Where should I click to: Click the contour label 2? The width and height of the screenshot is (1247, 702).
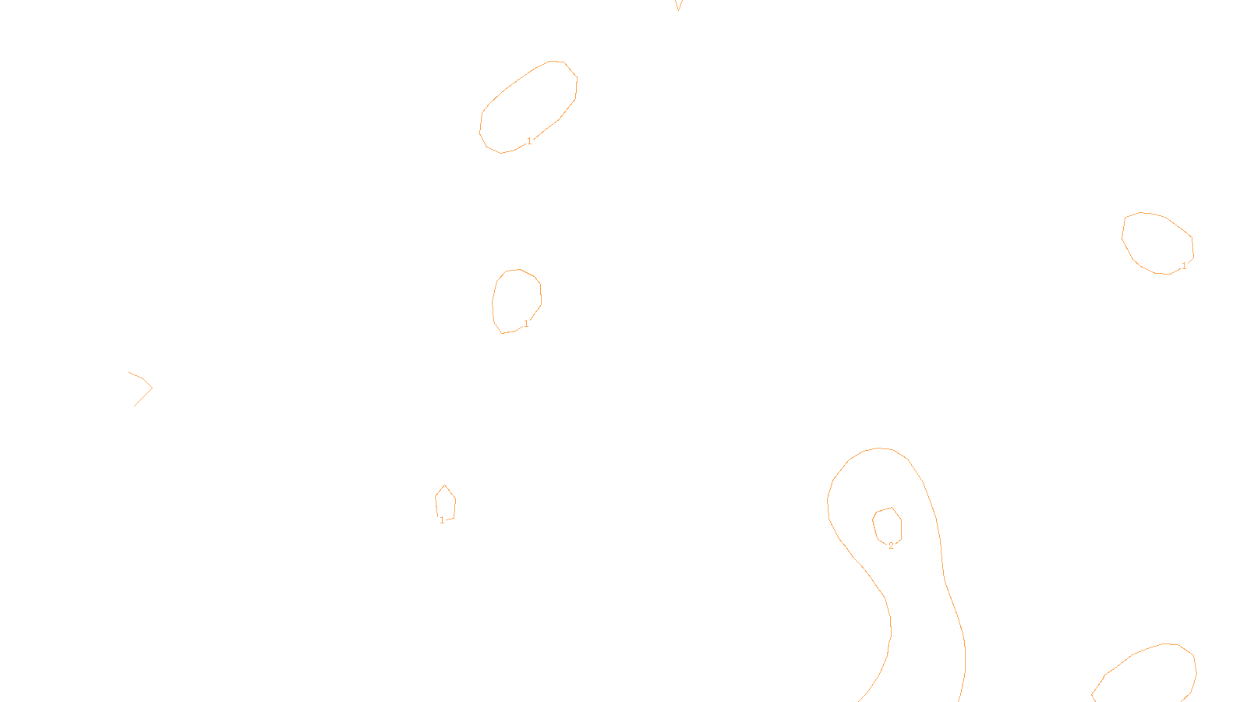[x=891, y=546]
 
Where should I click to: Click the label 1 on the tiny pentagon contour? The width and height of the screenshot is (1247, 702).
[x=442, y=520]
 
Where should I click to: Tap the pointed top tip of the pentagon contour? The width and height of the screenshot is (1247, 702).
[x=444, y=485]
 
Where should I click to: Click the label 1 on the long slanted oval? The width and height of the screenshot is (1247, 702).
[x=529, y=141]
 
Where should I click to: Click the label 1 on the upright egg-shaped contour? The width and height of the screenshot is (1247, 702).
[x=526, y=323]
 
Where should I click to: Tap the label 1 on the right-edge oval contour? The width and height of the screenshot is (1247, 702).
[x=1183, y=266]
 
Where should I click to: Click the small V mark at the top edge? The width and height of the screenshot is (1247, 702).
[x=678, y=5]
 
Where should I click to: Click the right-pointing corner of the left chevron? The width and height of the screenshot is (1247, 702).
[x=152, y=388]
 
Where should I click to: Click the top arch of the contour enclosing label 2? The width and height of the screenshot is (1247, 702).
[x=879, y=448]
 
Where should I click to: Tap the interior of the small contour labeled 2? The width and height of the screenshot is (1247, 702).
[x=888, y=526]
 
